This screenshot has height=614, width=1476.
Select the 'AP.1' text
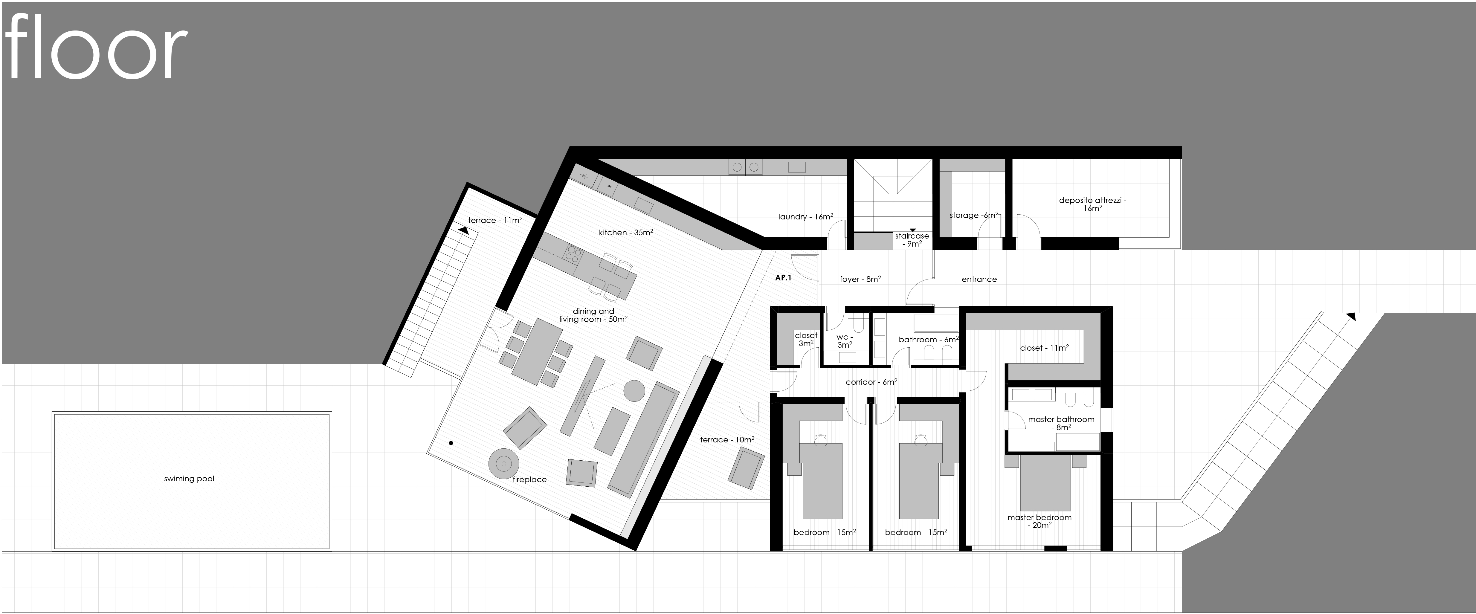(x=783, y=278)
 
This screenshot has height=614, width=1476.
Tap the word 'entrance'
(x=979, y=279)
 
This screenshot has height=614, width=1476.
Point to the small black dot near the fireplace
(x=451, y=443)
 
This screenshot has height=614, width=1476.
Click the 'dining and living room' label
(x=593, y=315)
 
